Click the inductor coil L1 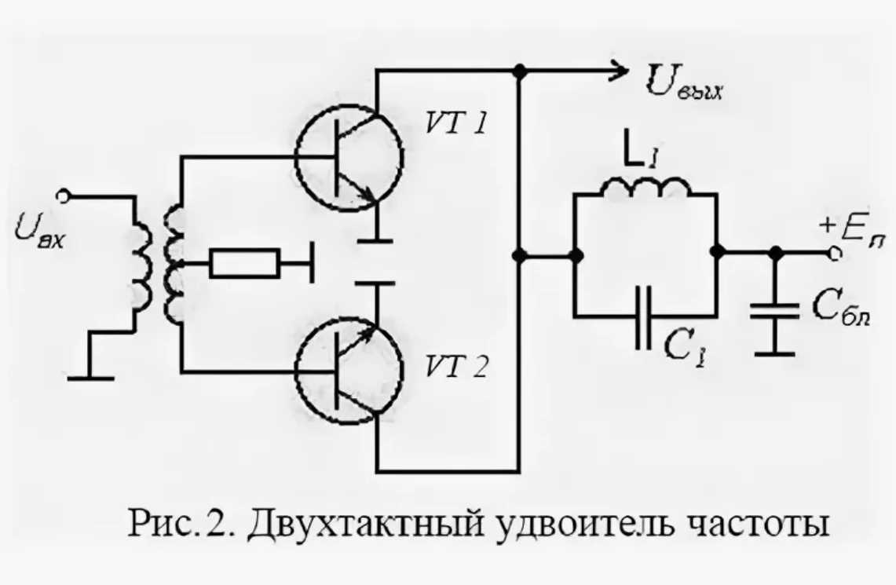pyautogui.click(x=646, y=188)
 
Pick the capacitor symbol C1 pyautogui.click(x=645, y=317)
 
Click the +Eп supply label pyautogui.click(x=852, y=232)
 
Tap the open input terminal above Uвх pyautogui.click(x=67, y=196)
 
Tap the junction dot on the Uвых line pyautogui.click(x=518, y=71)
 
